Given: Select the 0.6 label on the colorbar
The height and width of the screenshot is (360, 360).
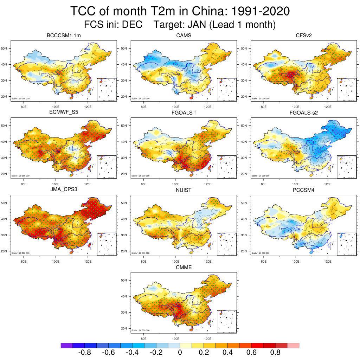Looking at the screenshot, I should click(252, 353).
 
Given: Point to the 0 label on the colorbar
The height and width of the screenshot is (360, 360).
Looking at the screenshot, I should click(180, 353).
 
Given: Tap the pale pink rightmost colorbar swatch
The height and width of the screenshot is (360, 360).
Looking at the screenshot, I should click(293, 346).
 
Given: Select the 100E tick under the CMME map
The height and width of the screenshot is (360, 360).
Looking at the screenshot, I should click(175, 339).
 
